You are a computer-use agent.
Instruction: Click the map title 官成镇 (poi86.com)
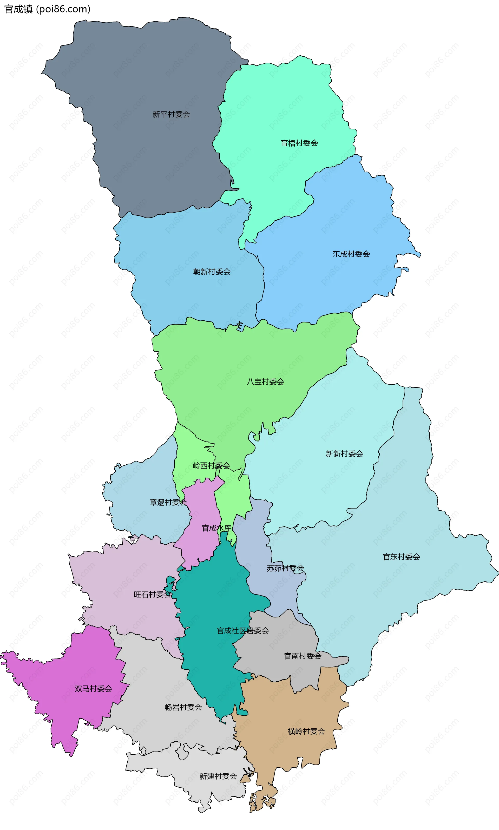click(47, 9)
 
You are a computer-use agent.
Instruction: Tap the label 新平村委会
click(171, 115)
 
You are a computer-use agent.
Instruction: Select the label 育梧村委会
click(299, 143)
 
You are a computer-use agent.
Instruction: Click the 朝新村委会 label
click(212, 272)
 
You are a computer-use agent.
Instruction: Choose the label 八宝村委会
click(265, 381)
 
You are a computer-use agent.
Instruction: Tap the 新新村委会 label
click(344, 454)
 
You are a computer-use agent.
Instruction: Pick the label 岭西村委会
click(211, 466)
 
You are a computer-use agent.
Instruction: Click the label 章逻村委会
click(168, 502)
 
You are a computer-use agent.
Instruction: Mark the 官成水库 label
click(216, 528)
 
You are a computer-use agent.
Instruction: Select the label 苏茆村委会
click(285, 568)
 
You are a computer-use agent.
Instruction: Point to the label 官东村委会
click(401, 557)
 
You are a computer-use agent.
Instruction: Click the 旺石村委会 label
click(152, 595)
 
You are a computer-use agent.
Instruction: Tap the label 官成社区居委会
click(242, 631)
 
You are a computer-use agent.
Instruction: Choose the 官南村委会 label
click(303, 656)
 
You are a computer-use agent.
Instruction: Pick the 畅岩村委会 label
click(183, 707)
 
